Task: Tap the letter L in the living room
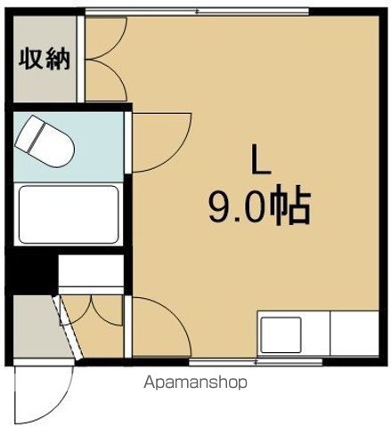click(258, 161)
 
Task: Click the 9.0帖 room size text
click(258, 210)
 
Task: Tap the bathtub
click(69, 214)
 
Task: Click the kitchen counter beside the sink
click(353, 336)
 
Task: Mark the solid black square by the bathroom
click(30, 270)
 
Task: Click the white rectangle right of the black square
click(90, 270)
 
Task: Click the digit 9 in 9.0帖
click(218, 210)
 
